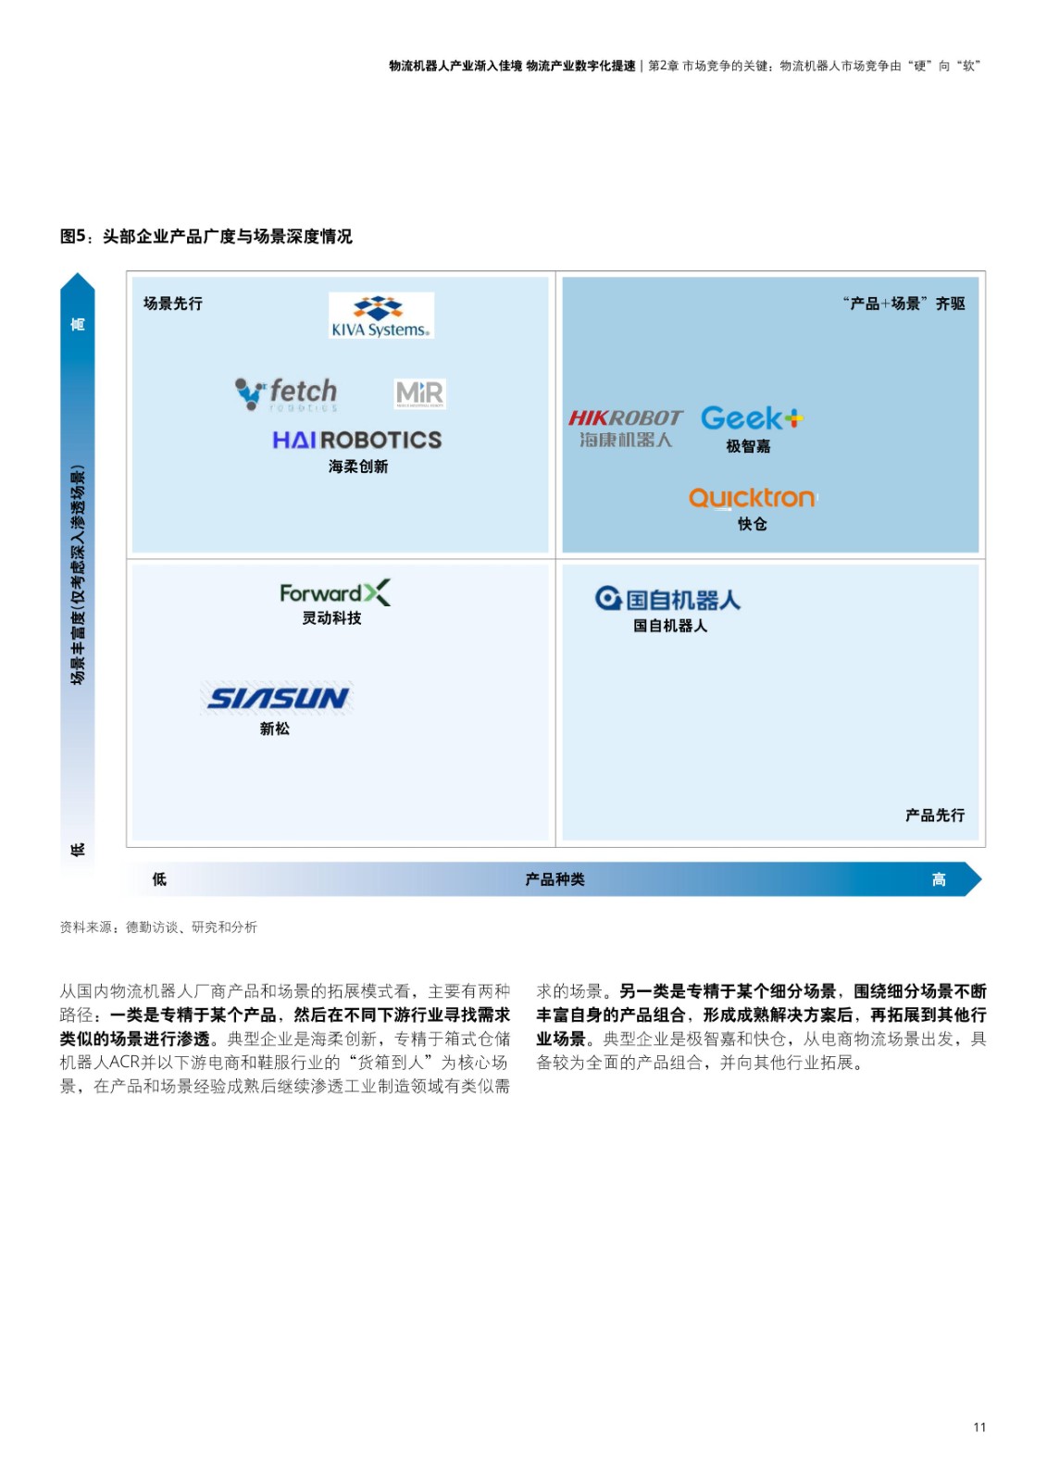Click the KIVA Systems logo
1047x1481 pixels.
click(381, 316)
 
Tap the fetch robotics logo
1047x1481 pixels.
click(286, 394)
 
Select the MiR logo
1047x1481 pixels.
click(419, 394)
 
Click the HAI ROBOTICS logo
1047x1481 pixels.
click(357, 441)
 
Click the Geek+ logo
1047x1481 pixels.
click(752, 417)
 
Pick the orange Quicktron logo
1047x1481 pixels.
click(752, 498)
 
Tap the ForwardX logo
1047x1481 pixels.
click(335, 592)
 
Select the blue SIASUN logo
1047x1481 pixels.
click(277, 698)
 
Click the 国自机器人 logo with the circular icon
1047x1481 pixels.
click(667, 599)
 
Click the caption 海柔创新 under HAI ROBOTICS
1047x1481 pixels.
click(358, 467)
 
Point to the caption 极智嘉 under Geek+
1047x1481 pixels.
click(748, 446)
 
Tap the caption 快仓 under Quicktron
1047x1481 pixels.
click(752, 524)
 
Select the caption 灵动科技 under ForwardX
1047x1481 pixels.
click(331, 618)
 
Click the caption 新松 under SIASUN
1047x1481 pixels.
click(275, 728)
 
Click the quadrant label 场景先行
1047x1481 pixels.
click(172, 304)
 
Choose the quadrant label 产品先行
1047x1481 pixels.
click(935, 815)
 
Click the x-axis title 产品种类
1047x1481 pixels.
click(555, 879)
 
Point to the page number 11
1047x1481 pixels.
click(979, 1446)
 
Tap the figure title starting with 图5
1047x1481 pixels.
click(206, 236)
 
